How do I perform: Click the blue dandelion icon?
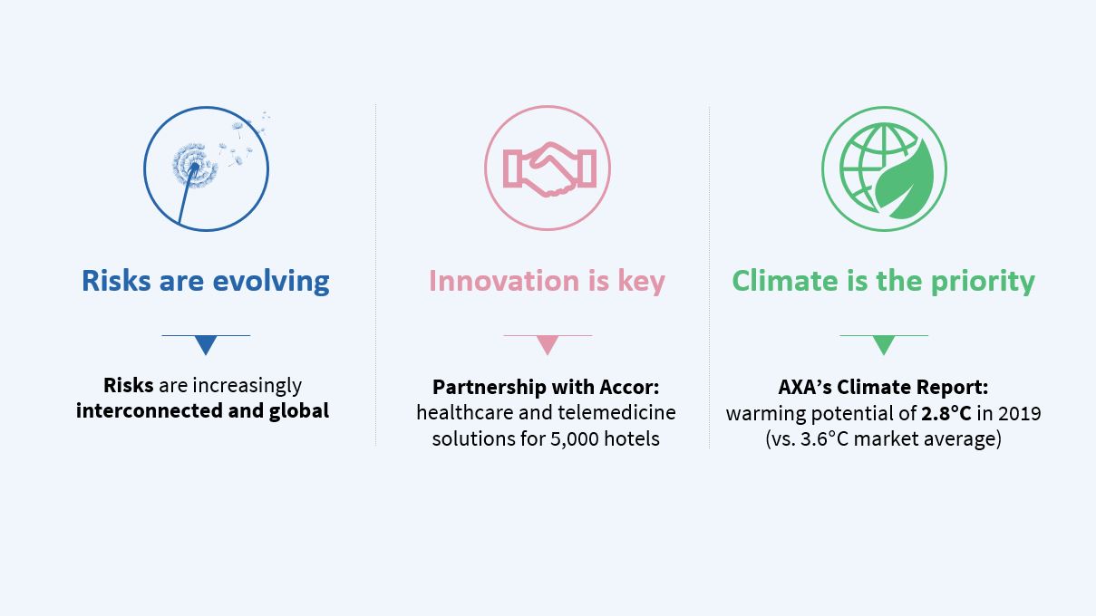point(206,168)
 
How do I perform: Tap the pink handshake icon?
point(548,168)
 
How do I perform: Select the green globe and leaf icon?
point(884,168)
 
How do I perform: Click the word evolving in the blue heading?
point(271,282)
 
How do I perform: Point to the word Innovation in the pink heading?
point(504,282)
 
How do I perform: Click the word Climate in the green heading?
point(785,282)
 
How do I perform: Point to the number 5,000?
point(575,438)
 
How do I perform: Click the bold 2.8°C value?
point(946,413)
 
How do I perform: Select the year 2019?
point(1020,413)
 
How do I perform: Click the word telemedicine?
point(616,412)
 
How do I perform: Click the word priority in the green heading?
point(983,282)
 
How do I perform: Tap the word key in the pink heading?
point(642,282)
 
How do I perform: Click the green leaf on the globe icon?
point(906,181)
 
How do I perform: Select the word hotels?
point(632,438)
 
